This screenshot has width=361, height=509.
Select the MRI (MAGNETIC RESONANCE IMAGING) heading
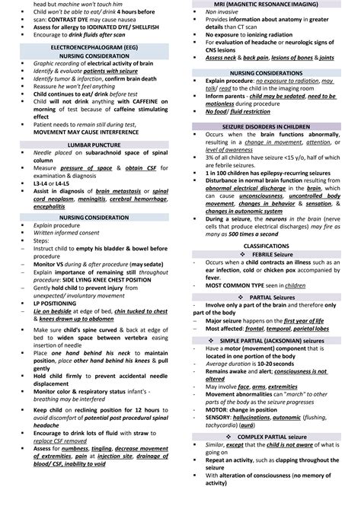(x=267, y=4)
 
